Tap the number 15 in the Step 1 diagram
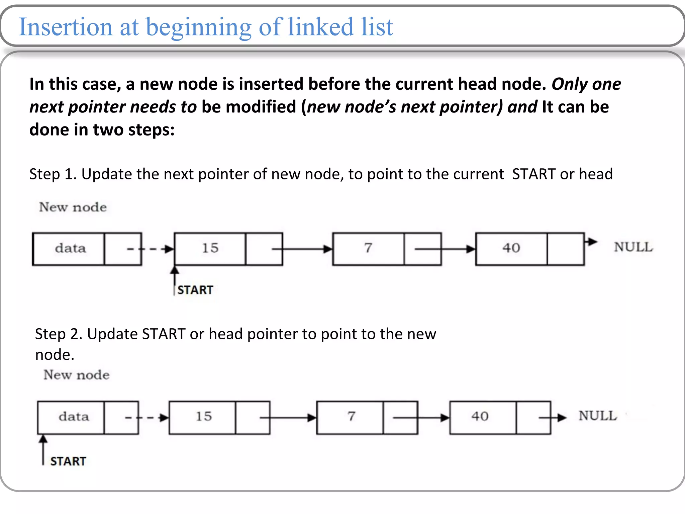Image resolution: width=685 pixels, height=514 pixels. tap(210, 248)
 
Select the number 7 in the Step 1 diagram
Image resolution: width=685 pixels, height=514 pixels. tap(368, 248)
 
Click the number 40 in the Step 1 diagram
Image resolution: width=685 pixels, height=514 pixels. tap(511, 248)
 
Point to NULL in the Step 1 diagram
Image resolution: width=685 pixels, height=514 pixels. tap(633, 247)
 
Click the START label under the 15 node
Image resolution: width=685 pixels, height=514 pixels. tap(195, 290)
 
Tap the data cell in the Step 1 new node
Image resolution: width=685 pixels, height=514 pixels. tap(70, 248)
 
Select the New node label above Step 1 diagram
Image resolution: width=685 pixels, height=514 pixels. tap(73, 207)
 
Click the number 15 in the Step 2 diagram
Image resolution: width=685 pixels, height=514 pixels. tap(203, 416)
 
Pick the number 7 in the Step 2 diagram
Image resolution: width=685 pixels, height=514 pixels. tap(351, 416)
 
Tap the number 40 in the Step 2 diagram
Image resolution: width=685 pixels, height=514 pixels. tap(480, 416)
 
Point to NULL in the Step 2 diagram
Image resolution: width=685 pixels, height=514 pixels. tap(598, 416)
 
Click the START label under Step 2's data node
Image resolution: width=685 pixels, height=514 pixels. tap(68, 461)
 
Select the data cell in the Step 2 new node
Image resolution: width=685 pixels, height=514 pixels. tap(74, 417)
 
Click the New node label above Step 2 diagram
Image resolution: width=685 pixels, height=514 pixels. tap(76, 375)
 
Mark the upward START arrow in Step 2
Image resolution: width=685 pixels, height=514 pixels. tap(43, 448)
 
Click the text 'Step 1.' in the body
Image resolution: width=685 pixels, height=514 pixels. tap(53, 174)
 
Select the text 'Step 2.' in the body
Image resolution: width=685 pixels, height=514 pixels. tap(59, 334)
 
